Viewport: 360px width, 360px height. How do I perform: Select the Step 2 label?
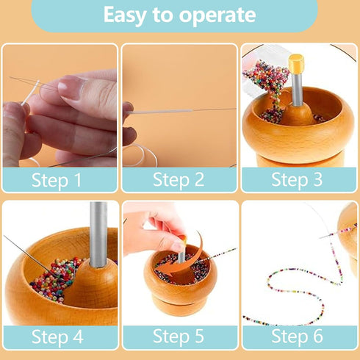coord(179,179)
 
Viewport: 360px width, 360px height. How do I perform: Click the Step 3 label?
coord(300,179)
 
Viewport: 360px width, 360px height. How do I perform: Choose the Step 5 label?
coord(179,336)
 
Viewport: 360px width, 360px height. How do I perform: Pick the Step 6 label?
coord(300,336)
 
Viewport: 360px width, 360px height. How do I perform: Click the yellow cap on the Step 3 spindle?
coord(297,62)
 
